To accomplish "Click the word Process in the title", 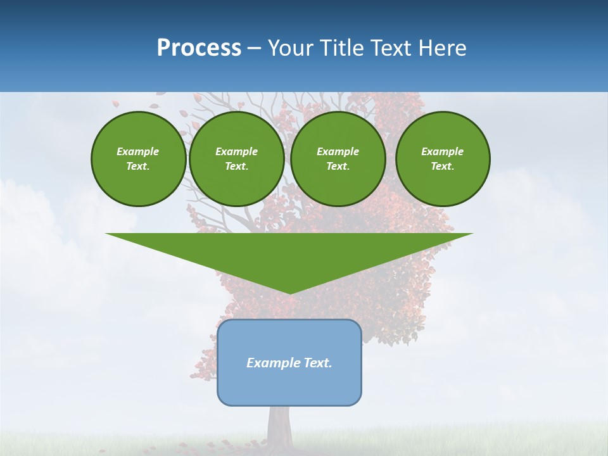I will (199, 47).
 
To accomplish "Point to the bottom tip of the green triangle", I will (289, 293).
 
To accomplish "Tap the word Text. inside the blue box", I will (317, 363).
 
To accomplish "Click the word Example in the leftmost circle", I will (138, 151).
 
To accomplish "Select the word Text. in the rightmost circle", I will (443, 166).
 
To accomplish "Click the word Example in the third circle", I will (338, 151).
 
